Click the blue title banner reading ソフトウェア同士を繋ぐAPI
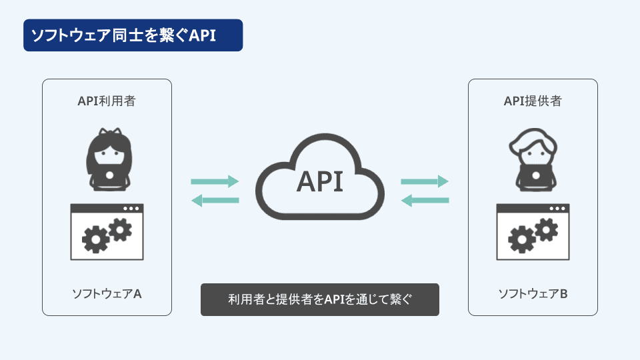coord(133,35)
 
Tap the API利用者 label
coord(107,101)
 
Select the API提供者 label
coord(533,101)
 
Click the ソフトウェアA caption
coord(107,293)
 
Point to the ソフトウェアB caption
coord(533,293)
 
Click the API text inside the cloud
coord(319,181)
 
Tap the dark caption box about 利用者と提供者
coord(319,299)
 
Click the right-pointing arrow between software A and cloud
coord(215,181)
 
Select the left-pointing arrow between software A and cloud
coord(215,200)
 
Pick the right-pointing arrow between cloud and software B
coord(425,181)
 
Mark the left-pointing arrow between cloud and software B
coord(425,200)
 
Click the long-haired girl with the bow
coord(109,159)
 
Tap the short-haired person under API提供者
coord(533,160)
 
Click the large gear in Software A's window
coord(95,239)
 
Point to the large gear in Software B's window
coord(521,239)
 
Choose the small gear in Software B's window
coord(547,229)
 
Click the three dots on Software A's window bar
coord(131,209)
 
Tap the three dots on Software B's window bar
coord(557,209)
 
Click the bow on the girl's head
coord(110,131)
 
